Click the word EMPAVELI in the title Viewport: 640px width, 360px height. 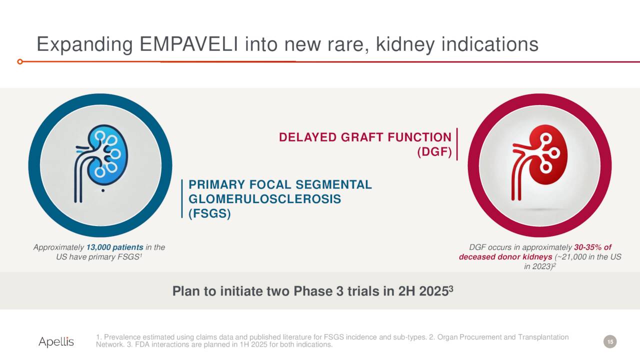(x=189, y=44)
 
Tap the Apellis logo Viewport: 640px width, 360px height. (x=56, y=342)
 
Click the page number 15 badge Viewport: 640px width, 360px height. (x=609, y=341)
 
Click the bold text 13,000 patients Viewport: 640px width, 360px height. (x=114, y=247)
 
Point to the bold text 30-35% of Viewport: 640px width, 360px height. (x=592, y=247)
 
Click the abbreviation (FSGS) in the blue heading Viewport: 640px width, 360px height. (x=209, y=213)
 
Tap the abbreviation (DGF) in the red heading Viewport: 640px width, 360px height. (x=434, y=152)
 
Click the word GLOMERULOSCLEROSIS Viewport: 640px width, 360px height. (x=264, y=199)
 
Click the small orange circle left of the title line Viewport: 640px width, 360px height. (x=20, y=61)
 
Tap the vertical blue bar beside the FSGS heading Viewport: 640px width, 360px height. (x=182, y=199)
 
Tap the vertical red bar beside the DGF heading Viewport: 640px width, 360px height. (x=457, y=144)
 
